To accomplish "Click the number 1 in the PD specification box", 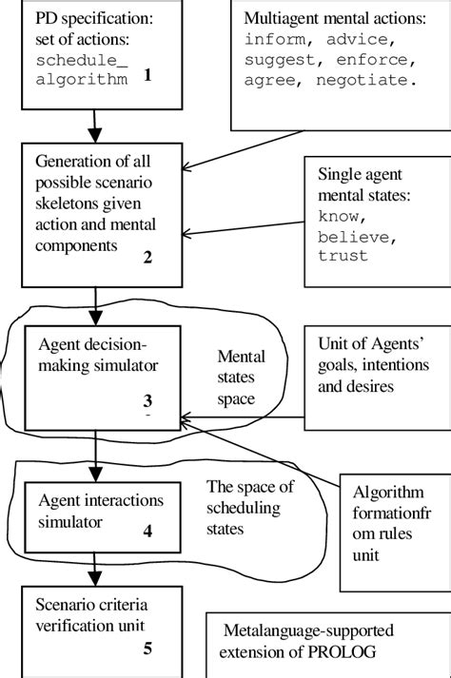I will (147, 78).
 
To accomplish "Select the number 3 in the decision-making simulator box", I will (147, 401).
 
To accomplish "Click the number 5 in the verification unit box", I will (147, 649).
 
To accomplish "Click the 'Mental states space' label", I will (242, 378).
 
